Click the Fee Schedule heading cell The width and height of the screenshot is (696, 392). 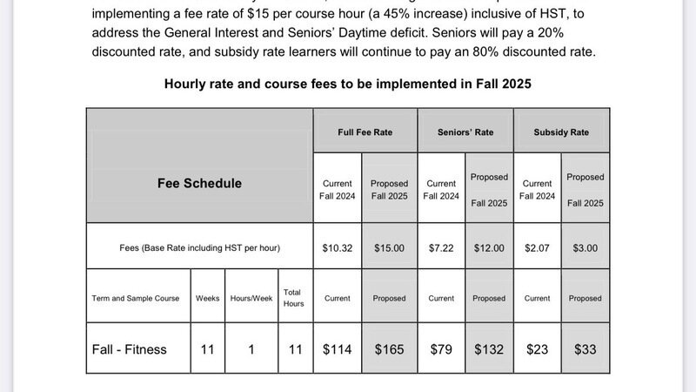199,184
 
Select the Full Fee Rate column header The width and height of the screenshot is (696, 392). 365,132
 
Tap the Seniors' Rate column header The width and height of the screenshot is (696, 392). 465,132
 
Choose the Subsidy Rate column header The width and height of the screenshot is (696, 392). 561,132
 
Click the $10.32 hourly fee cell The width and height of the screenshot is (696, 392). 338,248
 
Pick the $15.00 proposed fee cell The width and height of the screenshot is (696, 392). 389,248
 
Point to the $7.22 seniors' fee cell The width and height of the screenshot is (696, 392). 441,248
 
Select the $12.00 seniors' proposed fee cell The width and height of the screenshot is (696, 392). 489,248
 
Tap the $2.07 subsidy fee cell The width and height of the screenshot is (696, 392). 537,248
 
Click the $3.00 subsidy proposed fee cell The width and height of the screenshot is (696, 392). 585,248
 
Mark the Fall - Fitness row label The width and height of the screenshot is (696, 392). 130,349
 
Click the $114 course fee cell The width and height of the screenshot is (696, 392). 338,349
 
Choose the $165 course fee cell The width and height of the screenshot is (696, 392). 389,349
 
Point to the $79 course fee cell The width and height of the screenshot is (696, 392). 441,349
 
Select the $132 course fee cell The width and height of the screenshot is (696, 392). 489,349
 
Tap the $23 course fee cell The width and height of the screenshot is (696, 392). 537,349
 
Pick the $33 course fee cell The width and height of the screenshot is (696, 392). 585,349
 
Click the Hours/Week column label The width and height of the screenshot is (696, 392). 251,298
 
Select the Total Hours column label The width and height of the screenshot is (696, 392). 292,298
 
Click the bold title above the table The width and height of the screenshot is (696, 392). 348,84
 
